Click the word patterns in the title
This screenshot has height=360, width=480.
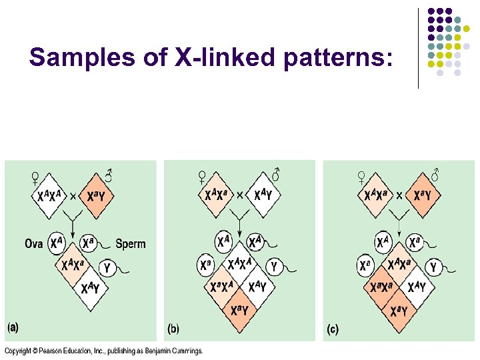tap(336, 58)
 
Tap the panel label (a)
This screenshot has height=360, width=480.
tap(14, 328)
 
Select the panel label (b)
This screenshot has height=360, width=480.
tap(173, 329)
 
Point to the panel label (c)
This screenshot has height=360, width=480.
tap(331, 329)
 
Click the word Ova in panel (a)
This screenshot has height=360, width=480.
tap(33, 243)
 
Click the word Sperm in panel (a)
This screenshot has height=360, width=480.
tap(131, 243)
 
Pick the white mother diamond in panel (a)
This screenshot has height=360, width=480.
tap(51, 196)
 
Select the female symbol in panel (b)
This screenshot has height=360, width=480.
tap(202, 177)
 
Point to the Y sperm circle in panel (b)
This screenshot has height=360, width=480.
tap(273, 266)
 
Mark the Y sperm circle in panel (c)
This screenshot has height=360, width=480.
tap(433, 267)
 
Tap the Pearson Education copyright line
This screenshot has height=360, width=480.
tap(104, 351)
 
